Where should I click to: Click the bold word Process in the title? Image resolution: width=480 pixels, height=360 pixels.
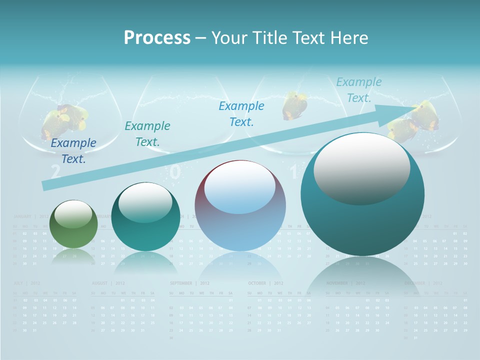coord(157,37)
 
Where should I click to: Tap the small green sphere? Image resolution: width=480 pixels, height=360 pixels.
coord(74,224)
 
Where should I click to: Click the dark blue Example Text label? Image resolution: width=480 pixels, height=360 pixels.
coord(73,150)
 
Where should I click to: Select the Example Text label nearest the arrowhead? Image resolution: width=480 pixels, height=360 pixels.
coord(358,90)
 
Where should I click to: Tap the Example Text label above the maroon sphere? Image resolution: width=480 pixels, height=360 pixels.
coord(241,113)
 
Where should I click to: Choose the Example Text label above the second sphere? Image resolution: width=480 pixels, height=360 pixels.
coord(147,133)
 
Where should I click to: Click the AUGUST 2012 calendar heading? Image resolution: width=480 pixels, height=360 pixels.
coord(108,283)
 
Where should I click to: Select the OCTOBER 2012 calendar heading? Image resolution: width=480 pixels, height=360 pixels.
coord(265,283)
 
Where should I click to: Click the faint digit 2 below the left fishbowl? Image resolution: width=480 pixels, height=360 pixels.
coord(55,172)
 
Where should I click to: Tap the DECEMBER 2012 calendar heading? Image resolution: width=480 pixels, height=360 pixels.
coord(423,283)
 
